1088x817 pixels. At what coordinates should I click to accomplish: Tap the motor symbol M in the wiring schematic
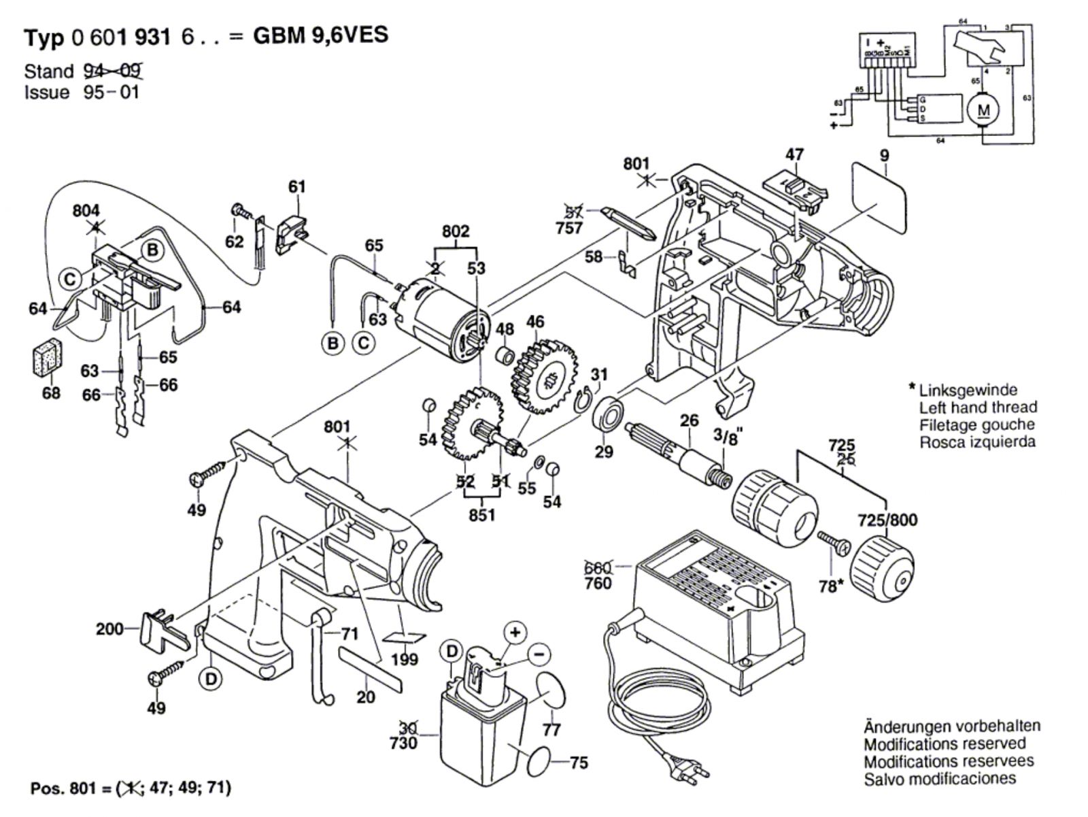(x=983, y=110)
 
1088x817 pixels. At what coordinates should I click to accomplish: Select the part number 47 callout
(x=794, y=154)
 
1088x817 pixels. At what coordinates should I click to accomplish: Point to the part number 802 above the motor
(x=455, y=231)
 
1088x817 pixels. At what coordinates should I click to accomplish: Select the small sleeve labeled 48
(x=505, y=355)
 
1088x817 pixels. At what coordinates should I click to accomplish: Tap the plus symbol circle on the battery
(x=515, y=633)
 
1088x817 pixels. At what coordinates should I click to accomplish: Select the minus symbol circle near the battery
(x=538, y=654)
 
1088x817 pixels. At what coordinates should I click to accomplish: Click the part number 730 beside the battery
(x=403, y=743)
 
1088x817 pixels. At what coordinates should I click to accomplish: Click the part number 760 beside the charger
(x=598, y=583)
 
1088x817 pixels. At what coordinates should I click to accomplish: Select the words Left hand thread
(x=978, y=407)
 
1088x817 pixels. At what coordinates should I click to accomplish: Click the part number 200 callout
(x=109, y=629)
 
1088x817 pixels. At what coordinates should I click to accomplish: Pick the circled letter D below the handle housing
(x=211, y=678)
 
